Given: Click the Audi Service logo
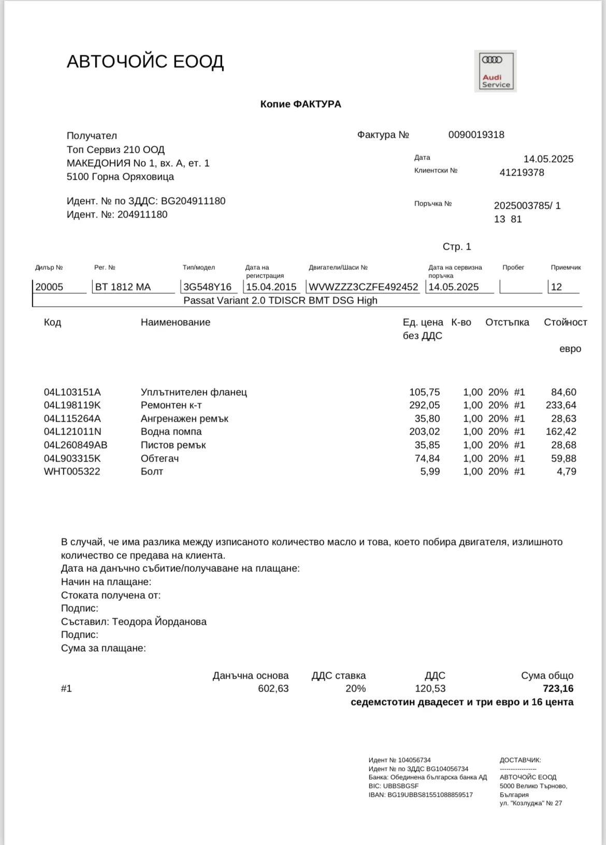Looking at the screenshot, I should pos(495,71).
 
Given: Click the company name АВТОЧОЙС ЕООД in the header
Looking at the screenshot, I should pos(145,62).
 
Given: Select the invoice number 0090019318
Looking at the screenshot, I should pos(476,135).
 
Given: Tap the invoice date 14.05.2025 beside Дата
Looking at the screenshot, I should pos(548,159).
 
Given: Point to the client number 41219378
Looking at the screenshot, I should pos(522,173).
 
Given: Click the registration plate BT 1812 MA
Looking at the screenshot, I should pos(123,287).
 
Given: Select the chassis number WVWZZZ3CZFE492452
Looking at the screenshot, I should pos(363,287).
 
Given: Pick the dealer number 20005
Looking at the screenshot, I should pos(49,287).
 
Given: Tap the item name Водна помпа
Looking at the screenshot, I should pos(171,432).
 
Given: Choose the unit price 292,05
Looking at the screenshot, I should pos(424,405).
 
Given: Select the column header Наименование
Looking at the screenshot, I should pos(175,322).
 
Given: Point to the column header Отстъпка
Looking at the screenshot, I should pos(507,322).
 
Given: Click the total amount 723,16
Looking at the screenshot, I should pos(558,689).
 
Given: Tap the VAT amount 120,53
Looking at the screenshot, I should pos(430,689).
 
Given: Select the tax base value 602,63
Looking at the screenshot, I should pos(273,689).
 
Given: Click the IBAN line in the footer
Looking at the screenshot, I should pos(421,795).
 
